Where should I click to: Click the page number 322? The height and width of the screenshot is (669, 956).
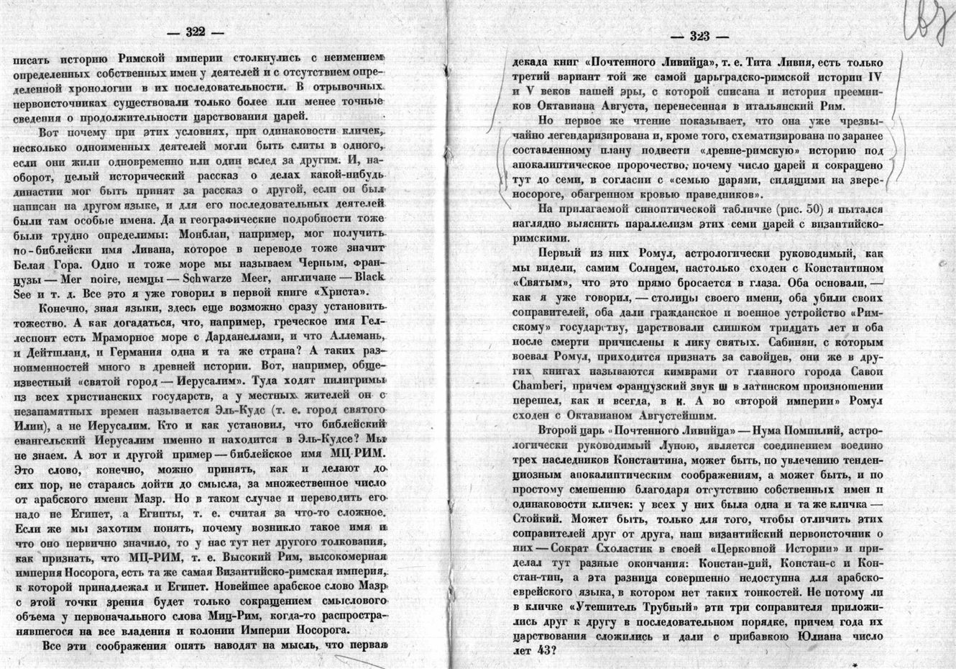(196, 32)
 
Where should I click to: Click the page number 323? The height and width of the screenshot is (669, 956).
(699, 37)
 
